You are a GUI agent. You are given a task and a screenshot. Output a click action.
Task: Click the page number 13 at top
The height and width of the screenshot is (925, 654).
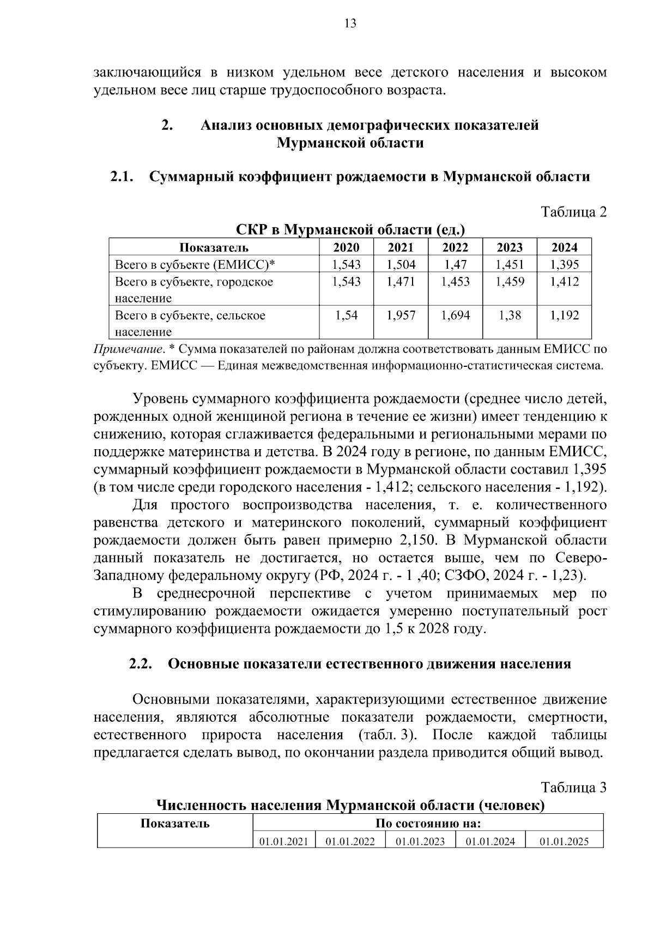pyautogui.click(x=350, y=23)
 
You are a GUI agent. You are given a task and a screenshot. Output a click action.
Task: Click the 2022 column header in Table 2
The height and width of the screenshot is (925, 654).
pyautogui.click(x=455, y=247)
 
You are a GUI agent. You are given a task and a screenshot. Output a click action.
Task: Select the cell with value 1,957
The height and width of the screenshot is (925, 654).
pyautogui.click(x=401, y=315)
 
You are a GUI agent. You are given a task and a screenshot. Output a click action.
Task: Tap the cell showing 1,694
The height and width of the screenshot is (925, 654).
pyautogui.click(x=455, y=315)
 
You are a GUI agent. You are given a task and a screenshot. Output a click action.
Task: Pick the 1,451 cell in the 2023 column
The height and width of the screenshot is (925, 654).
pyautogui.click(x=510, y=265)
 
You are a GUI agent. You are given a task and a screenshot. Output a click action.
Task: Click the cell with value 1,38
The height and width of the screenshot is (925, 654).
pyautogui.click(x=510, y=315)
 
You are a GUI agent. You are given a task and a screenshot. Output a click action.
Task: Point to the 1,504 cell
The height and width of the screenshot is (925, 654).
pyautogui.click(x=401, y=265)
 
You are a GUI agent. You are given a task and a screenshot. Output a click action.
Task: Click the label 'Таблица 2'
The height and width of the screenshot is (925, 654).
pyautogui.click(x=573, y=212)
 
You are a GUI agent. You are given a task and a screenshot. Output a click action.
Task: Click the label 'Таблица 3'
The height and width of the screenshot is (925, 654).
pyautogui.click(x=573, y=787)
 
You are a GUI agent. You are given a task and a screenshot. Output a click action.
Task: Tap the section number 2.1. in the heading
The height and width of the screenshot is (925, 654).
pyautogui.click(x=122, y=177)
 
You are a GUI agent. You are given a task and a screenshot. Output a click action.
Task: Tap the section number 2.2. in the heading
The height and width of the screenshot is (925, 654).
pyautogui.click(x=141, y=664)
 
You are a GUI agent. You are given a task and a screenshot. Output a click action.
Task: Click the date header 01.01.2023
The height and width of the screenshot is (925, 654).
pyautogui.click(x=420, y=842)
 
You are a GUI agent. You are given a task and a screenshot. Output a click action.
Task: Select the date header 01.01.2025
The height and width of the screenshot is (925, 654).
pyautogui.click(x=564, y=842)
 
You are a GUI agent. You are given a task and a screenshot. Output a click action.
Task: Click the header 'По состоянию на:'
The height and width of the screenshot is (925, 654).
pyautogui.click(x=428, y=824)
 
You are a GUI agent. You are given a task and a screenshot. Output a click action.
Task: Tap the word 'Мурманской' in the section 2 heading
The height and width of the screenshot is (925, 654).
pyautogui.click(x=312, y=143)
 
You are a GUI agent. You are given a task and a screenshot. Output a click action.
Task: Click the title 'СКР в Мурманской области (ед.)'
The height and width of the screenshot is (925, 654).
pyautogui.click(x=350, y=229)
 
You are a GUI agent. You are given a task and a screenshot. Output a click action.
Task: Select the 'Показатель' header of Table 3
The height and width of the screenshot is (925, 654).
pyautogui.click(x=175, y=824)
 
